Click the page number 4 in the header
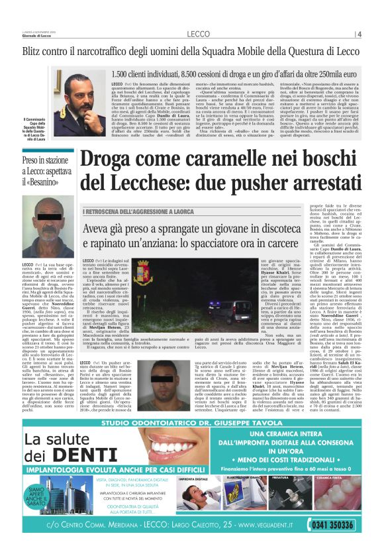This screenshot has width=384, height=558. click(359, 33)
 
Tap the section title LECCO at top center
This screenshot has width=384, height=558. click(198, 33)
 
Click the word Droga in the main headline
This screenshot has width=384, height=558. click(107, 160)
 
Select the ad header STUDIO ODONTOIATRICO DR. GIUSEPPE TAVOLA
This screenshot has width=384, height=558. click(191, 421)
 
